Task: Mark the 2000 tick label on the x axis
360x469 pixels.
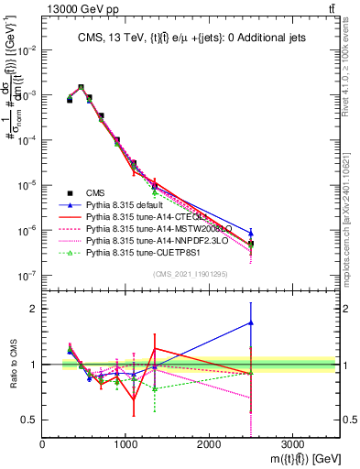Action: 209,443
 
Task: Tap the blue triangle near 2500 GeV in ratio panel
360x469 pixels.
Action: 251,322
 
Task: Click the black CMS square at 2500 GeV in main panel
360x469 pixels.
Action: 251,244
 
